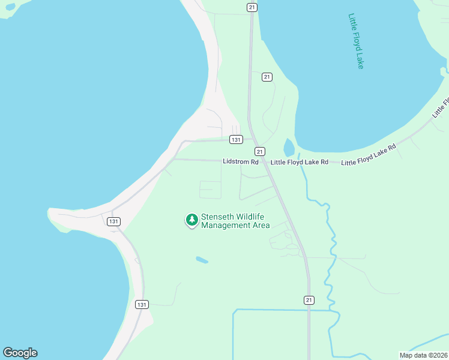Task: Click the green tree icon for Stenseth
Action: pyautogui.click(x=191, y=220)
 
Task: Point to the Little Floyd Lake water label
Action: pyautogui.click(x=356, y=41)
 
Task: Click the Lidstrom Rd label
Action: pyautogui.click(x=240, y=162)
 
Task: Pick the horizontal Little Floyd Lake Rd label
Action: pyautogui.click(x=299, y=162)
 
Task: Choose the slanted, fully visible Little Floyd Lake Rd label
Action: pyautogui.click(x=369, y=155)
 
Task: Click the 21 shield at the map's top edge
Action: pyautogui.click(x=252, y=7)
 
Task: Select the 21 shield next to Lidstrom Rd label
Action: pyautogui.click(x=259, y=151)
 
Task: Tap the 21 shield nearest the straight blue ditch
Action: pyautogui.click(x=309, y=300)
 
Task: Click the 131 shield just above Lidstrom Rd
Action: pyautogui.click(x=236, y=139)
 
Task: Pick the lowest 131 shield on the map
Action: pyautogui.click(x=141, y=304)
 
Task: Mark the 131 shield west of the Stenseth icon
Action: pyautogui.click(x=113, y=221)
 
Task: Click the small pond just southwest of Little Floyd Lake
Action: pyautogui.click(x=289, y=147)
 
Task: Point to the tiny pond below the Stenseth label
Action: pyautogui.click(x=202, y=260)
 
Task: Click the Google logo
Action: pyautogui.click(x=20, y=353)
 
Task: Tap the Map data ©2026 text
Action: pyautogui.click(x=423, y=355)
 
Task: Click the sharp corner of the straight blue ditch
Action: pyautogui.click(x=234, y=311)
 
